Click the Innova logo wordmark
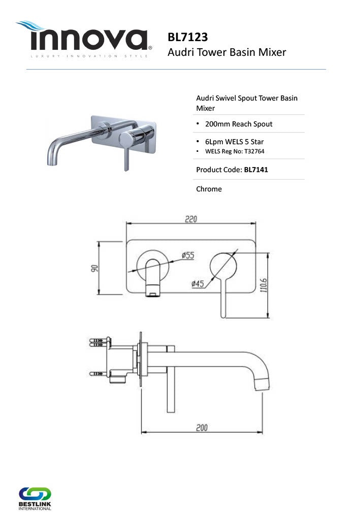click(89, 40)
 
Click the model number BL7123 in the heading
click(188, 37)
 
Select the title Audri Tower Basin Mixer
click(227, 52)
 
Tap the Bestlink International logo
click(35, 499)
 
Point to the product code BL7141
click(256, 170)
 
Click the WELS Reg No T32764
click(235, 151)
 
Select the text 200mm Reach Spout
click(239, 124)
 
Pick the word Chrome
click(209, 189)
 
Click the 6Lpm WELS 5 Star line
click(235, 142)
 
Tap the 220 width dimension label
click(191, 219)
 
